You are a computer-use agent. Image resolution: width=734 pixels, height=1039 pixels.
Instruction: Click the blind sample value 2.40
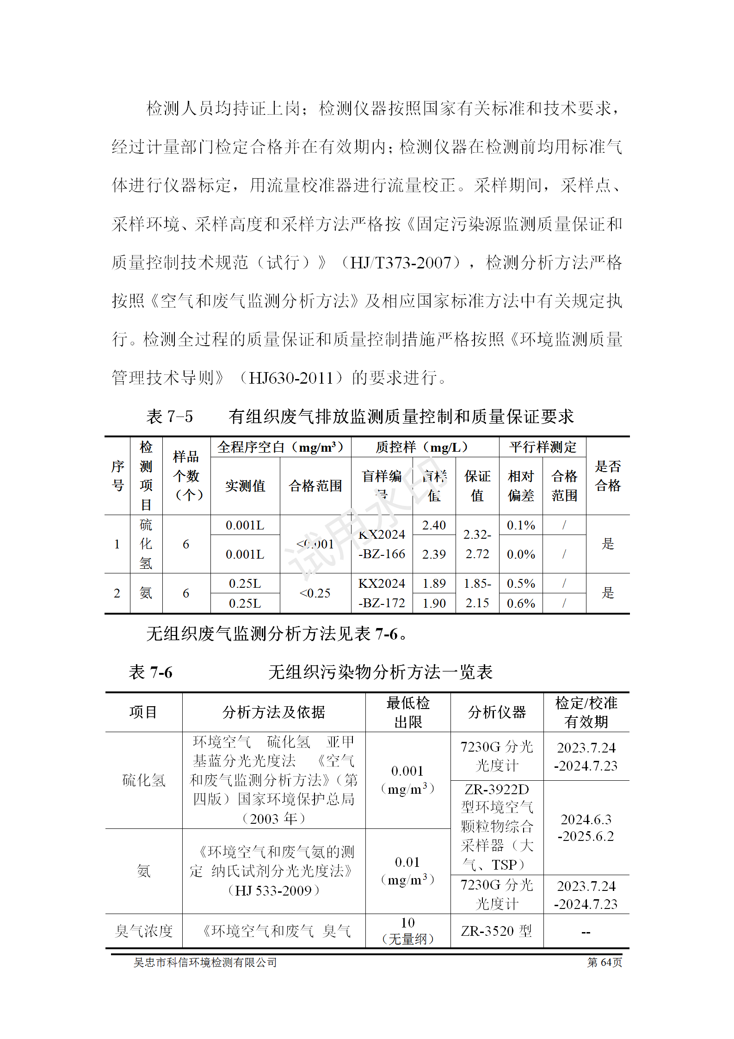[434, 525]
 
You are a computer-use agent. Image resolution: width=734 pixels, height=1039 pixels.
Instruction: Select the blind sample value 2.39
[434, 554]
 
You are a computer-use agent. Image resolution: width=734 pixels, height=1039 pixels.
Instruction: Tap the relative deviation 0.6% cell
[521, 603]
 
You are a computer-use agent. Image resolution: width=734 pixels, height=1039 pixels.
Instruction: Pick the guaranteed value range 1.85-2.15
[477, 593]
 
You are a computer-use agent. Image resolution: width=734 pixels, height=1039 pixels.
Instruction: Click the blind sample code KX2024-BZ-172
[382, 593]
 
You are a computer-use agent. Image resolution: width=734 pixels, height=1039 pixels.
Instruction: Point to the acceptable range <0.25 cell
[315, 593]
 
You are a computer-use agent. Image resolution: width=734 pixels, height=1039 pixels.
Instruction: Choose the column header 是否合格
[608, 476]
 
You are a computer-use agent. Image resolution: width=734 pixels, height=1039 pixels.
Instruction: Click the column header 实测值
[245, 485]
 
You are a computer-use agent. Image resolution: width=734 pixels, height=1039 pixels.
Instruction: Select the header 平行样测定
[543, 447]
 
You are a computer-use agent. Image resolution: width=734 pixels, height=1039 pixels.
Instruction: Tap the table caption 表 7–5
[169, 417]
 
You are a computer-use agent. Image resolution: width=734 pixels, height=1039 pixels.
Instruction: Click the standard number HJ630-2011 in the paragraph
[291, 378]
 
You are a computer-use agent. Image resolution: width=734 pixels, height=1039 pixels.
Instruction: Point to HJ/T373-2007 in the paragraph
[400, 263]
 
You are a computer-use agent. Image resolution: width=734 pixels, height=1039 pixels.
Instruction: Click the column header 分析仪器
[497, 712]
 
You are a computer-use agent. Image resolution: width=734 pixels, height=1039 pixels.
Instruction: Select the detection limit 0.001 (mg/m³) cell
[407, 780]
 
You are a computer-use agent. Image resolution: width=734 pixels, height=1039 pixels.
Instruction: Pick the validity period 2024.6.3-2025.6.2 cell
[586, 827]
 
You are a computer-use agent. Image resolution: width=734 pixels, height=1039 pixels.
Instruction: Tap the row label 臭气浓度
[144, 931]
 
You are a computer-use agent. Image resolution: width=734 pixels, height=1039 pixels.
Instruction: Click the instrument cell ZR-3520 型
[497, 931]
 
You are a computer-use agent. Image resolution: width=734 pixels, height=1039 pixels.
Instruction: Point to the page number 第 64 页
[604, 963]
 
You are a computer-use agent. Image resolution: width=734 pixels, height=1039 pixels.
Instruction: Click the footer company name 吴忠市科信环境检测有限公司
[205, 963]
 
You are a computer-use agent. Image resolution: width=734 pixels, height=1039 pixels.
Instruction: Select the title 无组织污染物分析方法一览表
[380, 672]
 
